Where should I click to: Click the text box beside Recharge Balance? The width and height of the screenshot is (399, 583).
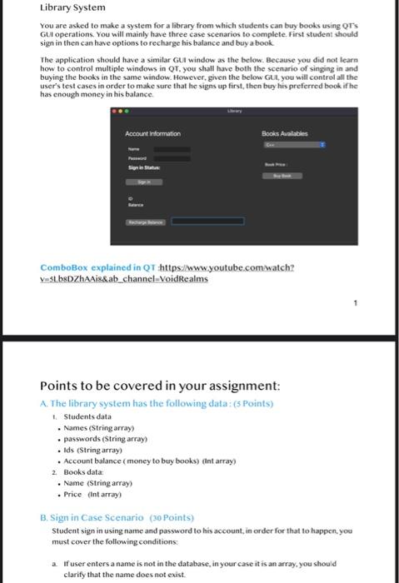208,222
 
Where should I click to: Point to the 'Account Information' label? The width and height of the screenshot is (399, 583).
153,133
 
